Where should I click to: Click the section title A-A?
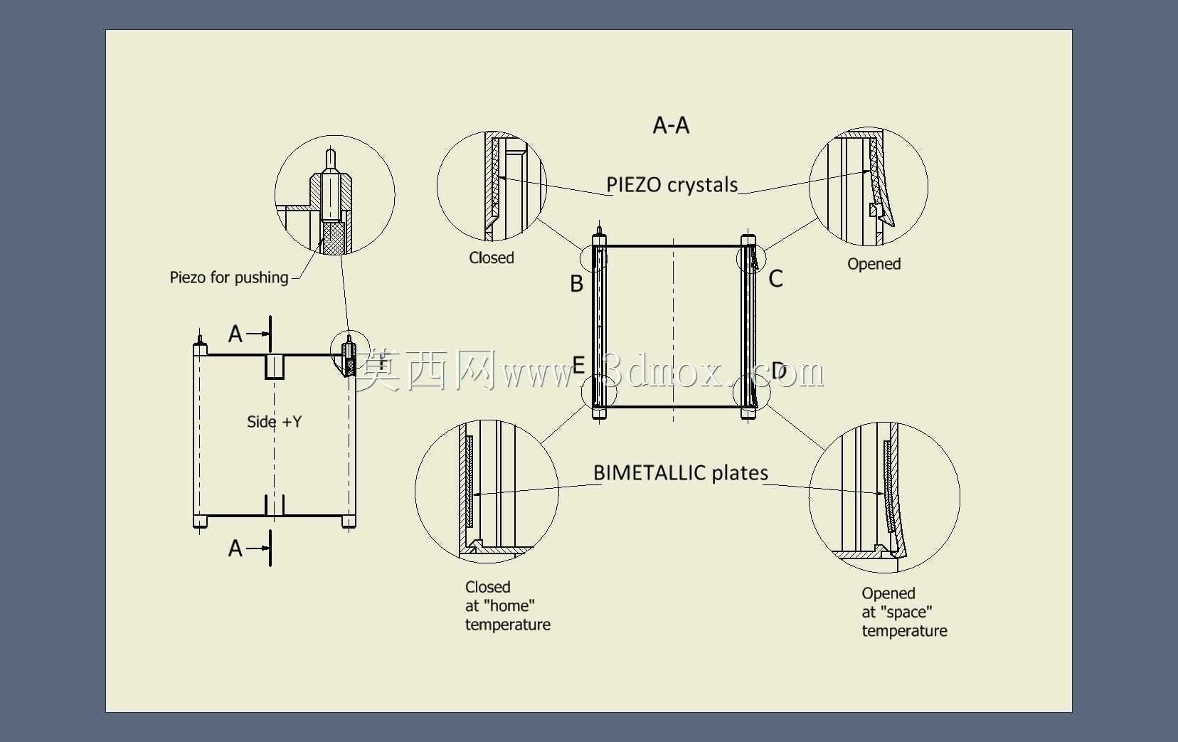click(x=671, y=125)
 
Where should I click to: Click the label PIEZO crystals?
click(x=672, y=185)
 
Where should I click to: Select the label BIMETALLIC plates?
click(x=681, y=473)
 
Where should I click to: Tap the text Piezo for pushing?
click(x=229, y=277)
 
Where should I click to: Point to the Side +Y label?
click(x=275, y=422)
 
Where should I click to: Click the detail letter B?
click(x=576, y=284)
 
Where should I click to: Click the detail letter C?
click(x=775, y=279)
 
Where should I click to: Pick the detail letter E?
click(x=578, y=364)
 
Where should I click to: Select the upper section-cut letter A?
click(x=235, y=334)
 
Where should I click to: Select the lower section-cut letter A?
click(x=235, y=548)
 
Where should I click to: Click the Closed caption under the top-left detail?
click(x=491, y=258)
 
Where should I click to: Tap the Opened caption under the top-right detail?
click(x=874, y=264)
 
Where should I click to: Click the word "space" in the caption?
click(x=906, y=612)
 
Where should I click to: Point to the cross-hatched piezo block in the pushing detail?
click(x=334, y=238)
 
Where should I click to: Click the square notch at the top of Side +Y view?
click(x=275, y=366)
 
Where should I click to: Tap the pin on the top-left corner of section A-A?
click(x=599, y=232)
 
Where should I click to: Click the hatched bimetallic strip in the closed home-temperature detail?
click(x=469, y=481)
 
